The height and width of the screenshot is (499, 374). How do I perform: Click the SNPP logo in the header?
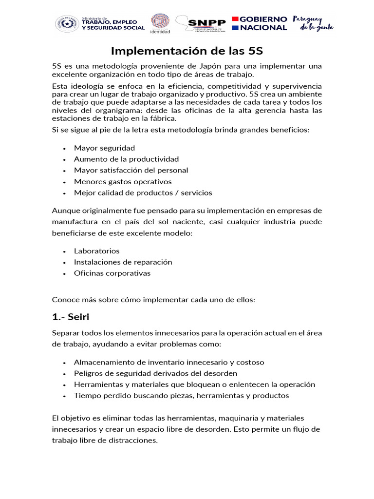(201, 23)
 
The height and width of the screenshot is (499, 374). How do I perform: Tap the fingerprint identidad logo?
(160, 23)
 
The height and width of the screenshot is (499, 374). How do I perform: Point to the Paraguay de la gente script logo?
(313, 23)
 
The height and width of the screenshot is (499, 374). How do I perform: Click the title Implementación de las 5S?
(187, 50)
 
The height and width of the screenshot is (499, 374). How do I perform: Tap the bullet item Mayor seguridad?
(104, 148)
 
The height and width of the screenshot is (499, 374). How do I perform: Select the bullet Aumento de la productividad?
(126, 159)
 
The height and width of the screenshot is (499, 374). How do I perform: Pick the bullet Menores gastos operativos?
(123, 181)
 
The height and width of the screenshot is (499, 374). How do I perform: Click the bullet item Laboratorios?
(96, 251)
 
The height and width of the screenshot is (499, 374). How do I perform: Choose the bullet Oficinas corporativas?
(112, 273)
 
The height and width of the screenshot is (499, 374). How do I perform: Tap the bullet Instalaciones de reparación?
(123, 262)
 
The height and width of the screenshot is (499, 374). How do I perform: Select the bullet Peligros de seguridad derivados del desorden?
(155, 373)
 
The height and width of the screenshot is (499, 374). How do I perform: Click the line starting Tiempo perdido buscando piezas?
(181, 395)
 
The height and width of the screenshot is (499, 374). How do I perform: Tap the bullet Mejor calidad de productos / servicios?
(143, 192)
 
